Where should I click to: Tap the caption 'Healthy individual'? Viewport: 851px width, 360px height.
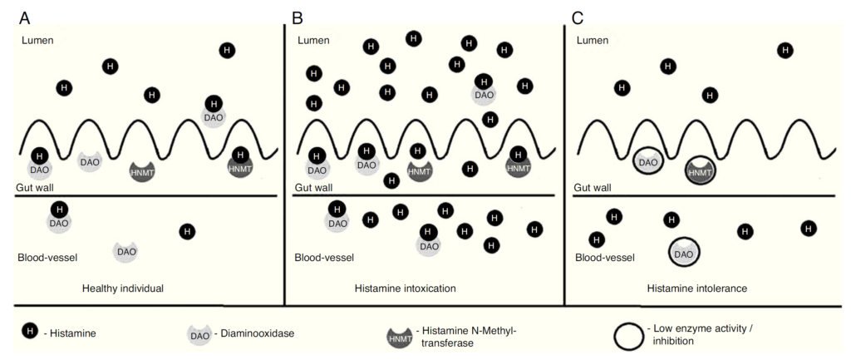[123, 288]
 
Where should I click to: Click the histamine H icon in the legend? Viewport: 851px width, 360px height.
[29, 332]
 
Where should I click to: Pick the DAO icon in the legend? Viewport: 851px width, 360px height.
[198, 334]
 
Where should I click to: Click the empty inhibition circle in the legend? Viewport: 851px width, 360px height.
[631, 336]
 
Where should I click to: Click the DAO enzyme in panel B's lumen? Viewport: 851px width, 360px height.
[484, 94]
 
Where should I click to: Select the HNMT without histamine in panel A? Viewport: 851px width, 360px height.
[143, 171]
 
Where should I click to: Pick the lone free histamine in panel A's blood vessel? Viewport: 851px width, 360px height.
[188, 231]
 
